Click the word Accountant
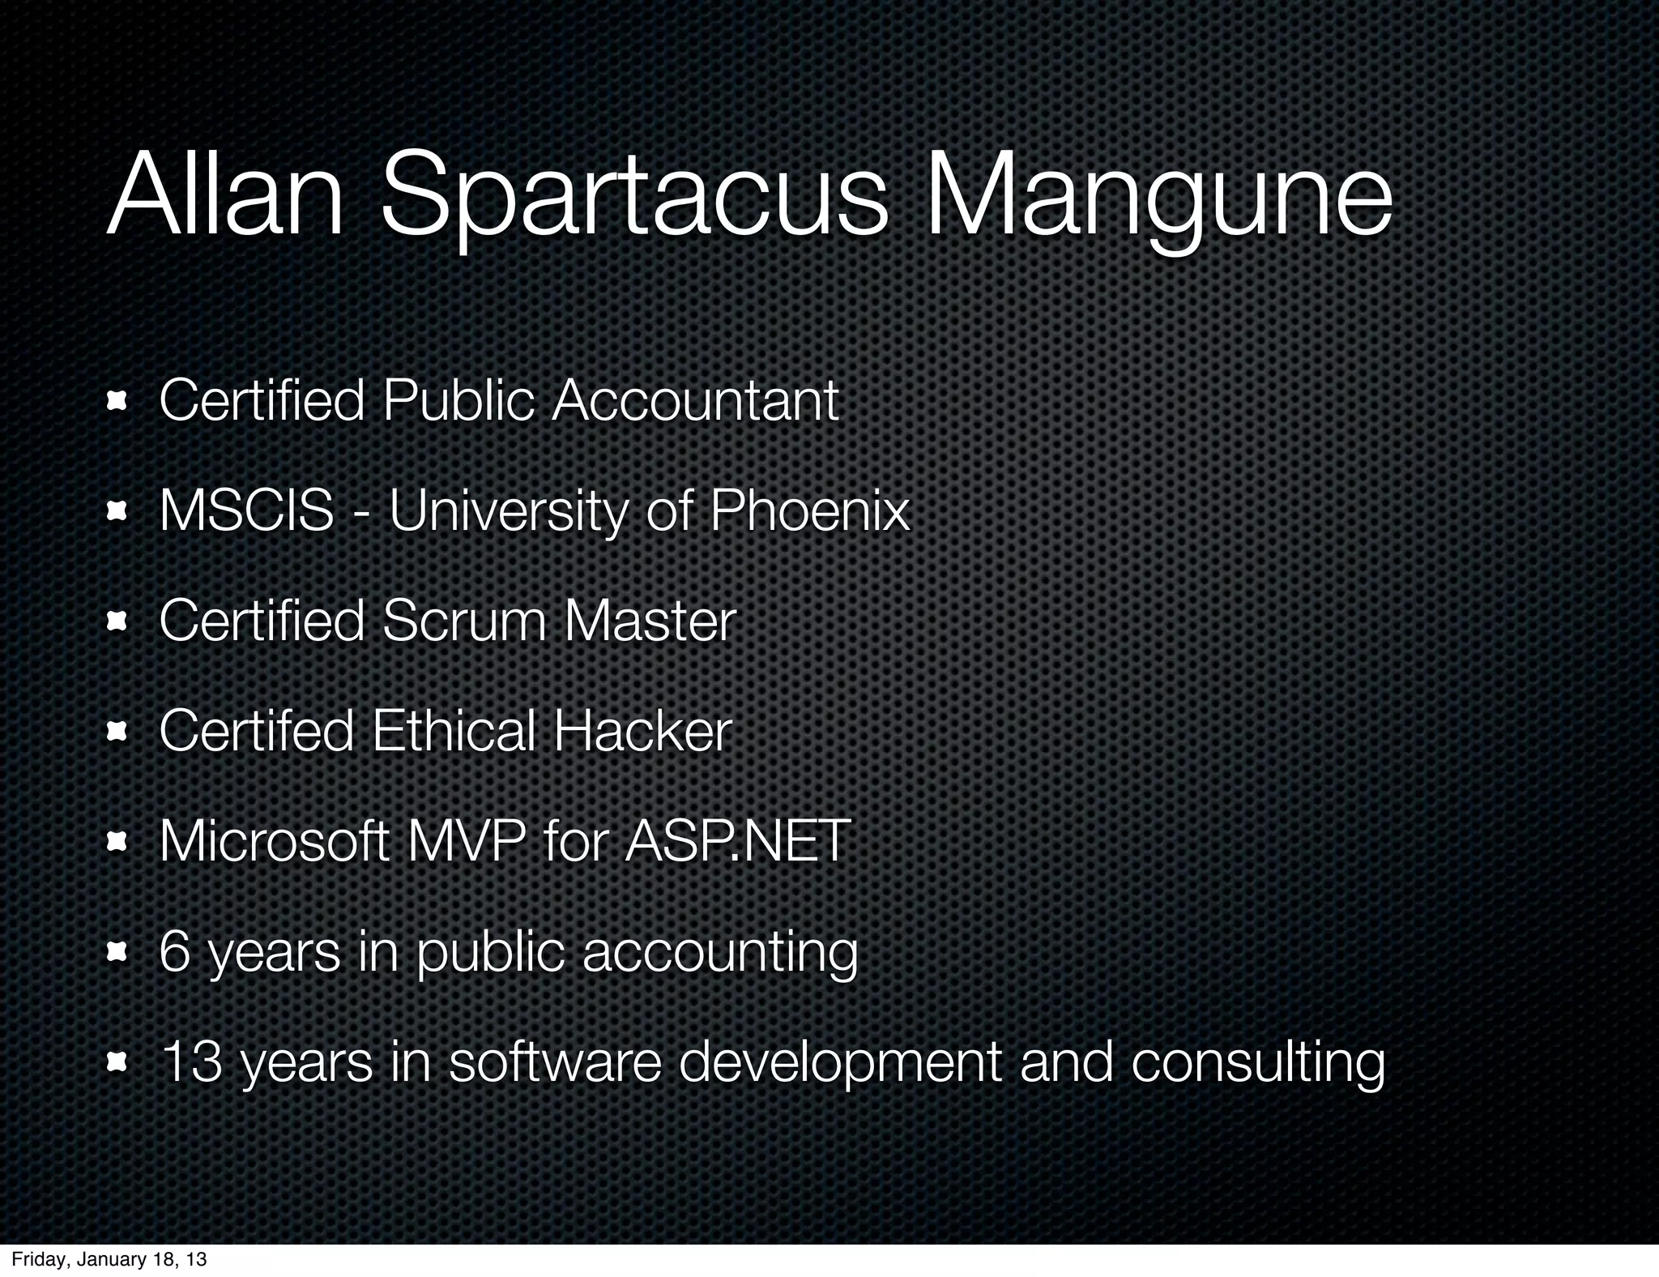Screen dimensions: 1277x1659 (x=695, y=400)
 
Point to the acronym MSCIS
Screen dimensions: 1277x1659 (x=246, y=510)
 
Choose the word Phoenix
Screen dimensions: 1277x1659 (x=809, y=510)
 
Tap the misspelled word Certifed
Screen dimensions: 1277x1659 (x=256, y=731)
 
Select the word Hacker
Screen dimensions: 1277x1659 (x=642, y=731)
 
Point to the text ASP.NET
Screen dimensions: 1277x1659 (x=737, y=841)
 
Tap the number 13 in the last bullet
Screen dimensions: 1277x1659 (x=192, y=1061)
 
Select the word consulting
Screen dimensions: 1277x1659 (x=1257, y=1061)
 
